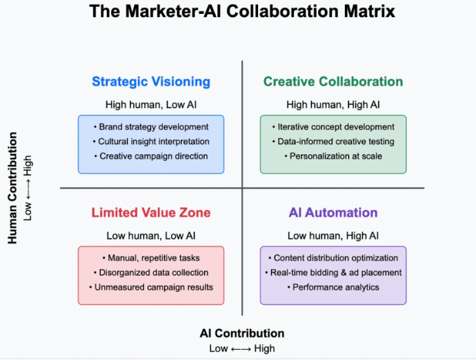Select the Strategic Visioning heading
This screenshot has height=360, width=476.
coord(151,81)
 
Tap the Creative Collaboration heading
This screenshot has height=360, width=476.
coord(333,81)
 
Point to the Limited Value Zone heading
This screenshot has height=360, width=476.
coord(151,212)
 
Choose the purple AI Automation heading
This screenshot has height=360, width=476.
coord(333,212)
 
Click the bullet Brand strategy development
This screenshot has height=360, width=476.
coord(151,127)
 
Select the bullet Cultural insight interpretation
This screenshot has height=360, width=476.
coord(151,141)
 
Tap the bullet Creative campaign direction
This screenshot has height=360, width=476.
coord(151,156)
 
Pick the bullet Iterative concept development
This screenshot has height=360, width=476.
coord(333,127)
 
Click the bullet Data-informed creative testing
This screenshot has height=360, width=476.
coord(333,141)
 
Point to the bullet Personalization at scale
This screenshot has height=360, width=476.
coord(333,156)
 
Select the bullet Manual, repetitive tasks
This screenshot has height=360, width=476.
coord(151,258)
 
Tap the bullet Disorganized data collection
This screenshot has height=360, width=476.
coord(151,272)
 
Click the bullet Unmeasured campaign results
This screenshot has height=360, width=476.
coord(151,287)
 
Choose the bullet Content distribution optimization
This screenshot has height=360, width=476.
coord(333,258)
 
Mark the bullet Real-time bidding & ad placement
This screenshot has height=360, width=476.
coord(333,272)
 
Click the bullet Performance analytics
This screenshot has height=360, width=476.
coord(333,287)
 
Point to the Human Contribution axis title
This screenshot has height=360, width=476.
coord(12,188)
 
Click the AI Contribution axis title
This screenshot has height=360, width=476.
coord(242,333)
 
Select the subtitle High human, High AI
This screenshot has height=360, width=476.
coord(333,105)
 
